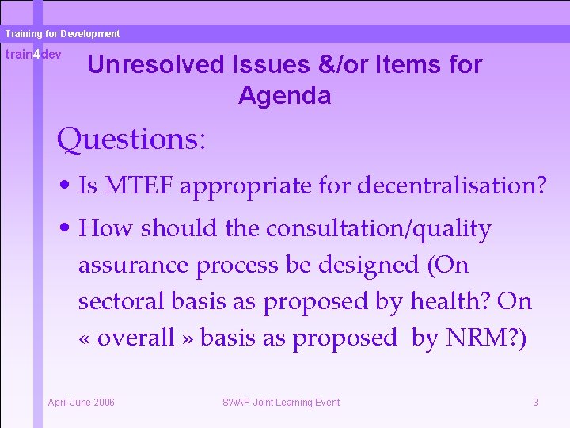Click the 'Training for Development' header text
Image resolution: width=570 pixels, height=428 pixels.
pyautogui.click(x=62, y=34)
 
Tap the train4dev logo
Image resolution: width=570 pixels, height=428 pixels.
pyautogui.click(x=33, y=55)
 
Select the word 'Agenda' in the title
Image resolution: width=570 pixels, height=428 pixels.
pyautogui.click(x=284, y=96)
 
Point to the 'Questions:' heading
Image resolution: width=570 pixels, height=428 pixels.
pyautogui.click(x=131, y=139)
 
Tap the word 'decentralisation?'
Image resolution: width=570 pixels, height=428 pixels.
pyautogui.click(x=452, y=186)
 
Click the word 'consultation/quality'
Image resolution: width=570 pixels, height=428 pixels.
pyautogui.click(x=378, y=228)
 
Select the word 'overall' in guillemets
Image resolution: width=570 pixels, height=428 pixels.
pyautogui.click(x=135, y=338)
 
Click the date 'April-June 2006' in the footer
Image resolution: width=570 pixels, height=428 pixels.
pyautogui.click(x=82, y=403)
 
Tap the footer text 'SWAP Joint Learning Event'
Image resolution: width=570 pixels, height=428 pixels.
pyautogui.click(x=281, y=403)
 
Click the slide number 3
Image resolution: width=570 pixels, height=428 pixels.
pyautogui.click(x=535, y=403)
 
